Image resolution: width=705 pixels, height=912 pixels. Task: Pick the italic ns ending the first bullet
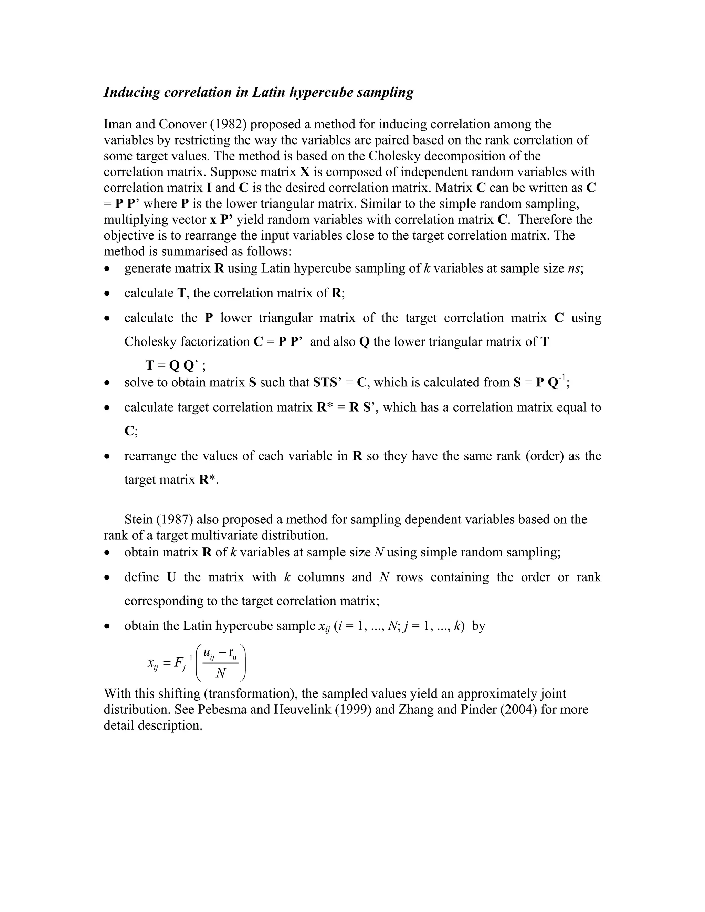point(574,268)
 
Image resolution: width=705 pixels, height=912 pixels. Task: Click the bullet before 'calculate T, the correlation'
point(108,294)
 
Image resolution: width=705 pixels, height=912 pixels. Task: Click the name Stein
point(139,519)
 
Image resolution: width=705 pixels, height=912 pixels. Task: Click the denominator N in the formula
point(221,674)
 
